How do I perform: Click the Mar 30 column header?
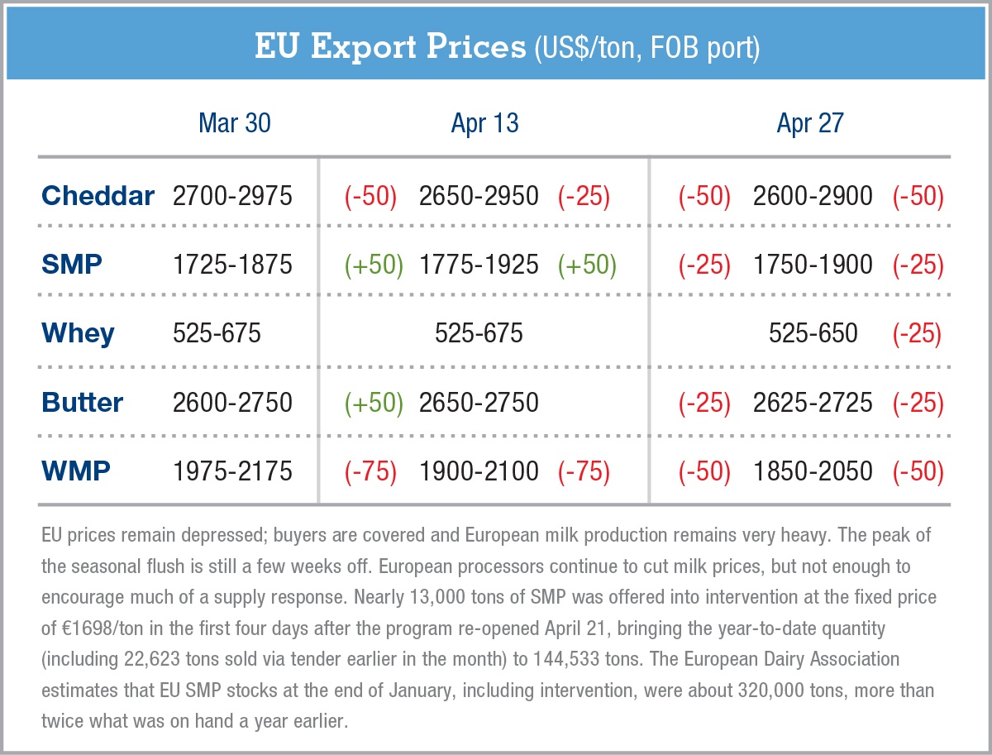point(235,123)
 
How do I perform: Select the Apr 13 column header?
point(484,123)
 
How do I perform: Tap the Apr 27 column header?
point(810,123)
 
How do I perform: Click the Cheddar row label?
point(98,196)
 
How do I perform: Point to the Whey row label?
point(78,333)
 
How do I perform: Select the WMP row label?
point(76,471)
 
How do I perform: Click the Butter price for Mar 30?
point(232,403)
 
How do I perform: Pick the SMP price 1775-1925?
point(479,265)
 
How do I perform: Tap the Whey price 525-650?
point(813,333)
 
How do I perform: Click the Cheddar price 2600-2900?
point(813,196)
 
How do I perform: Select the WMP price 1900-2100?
point(479,471)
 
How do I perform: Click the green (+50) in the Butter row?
point(374,403)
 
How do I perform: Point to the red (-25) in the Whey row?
point(918,333)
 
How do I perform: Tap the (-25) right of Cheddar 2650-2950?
point(584,196)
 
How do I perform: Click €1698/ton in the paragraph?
point(103,628)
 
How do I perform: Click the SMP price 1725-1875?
point(232,265)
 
